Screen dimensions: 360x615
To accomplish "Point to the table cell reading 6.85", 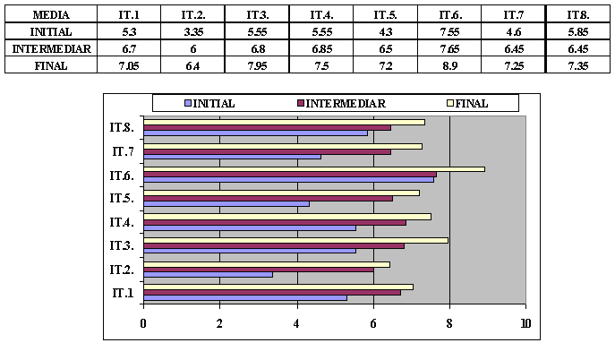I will pos(320,48).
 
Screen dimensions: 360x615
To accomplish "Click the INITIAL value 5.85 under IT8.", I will pos(577,32).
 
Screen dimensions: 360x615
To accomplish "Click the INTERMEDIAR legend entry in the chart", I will pos(345,103).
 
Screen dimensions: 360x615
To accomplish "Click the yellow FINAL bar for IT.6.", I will pos(313,168).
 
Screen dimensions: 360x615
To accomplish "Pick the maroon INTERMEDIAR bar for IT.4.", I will pos(274,222).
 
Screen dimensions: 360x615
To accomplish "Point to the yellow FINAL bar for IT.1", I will pos(278,287).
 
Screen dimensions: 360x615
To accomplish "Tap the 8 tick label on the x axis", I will pos(449,323).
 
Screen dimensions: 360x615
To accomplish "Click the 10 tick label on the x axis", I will pos(525,323).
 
